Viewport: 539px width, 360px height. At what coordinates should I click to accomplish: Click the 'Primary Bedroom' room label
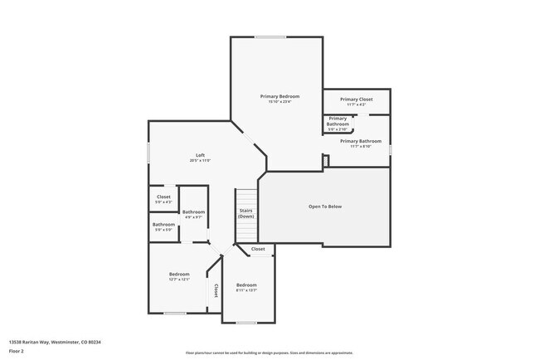279,96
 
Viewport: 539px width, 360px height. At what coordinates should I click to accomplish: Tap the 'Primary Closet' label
357,99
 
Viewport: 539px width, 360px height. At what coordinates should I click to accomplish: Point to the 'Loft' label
200,155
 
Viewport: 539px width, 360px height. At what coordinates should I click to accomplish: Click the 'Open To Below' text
325,207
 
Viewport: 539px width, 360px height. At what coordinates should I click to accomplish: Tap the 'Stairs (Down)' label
246,213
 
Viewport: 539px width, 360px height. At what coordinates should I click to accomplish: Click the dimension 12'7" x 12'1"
180,280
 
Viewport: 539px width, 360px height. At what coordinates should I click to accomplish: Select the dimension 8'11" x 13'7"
246,290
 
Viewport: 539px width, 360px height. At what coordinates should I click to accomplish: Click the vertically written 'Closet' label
216,290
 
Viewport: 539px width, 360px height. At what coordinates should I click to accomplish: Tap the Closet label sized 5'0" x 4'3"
163,197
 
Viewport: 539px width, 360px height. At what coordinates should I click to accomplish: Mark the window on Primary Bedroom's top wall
269,36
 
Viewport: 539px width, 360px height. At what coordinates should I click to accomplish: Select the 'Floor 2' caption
17,351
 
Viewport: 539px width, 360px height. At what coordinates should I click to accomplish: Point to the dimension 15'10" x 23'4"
279,102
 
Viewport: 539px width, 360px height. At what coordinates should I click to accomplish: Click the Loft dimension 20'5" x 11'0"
200,160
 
